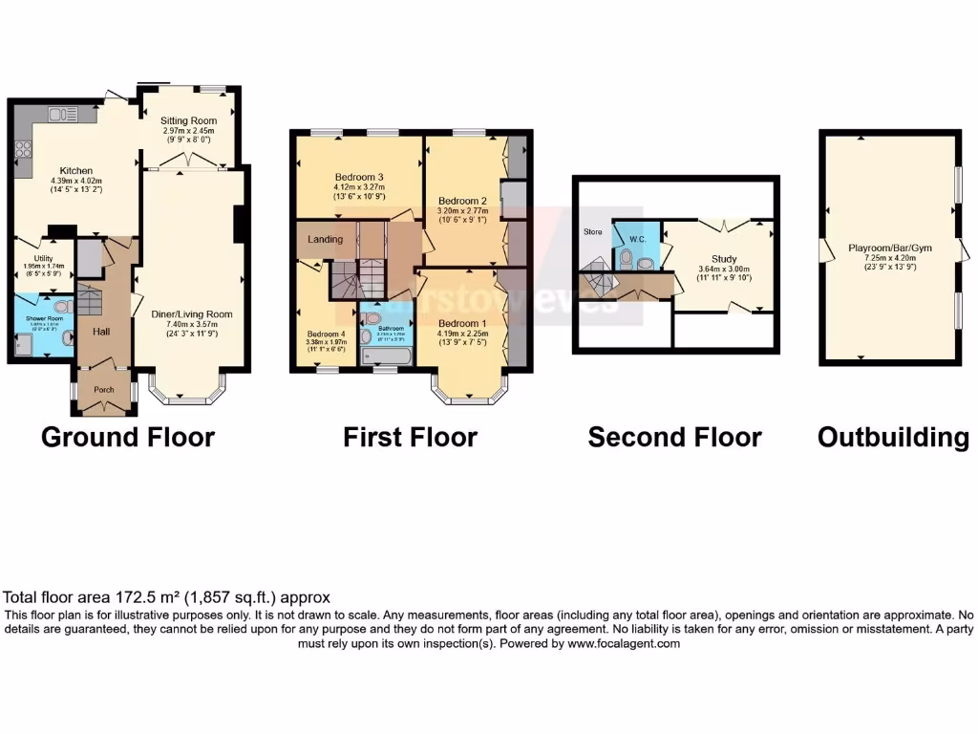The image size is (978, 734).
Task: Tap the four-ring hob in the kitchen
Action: pos(24,150)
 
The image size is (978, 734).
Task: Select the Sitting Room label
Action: pos(189,120)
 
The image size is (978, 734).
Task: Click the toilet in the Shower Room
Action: pos(61,307)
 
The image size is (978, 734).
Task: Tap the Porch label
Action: pos(103,390)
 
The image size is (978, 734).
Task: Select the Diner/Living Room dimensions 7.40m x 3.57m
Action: pos(192,325)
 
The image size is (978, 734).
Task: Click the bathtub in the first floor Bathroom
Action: pos(387,357)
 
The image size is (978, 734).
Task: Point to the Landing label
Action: pos(325,239)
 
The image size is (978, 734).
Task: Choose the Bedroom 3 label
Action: pos(359,177)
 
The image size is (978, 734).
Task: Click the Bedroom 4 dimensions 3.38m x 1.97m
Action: pos(325,342)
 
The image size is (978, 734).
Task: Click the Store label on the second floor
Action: pos(592,232)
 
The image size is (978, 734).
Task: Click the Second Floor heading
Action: pos(674,438)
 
